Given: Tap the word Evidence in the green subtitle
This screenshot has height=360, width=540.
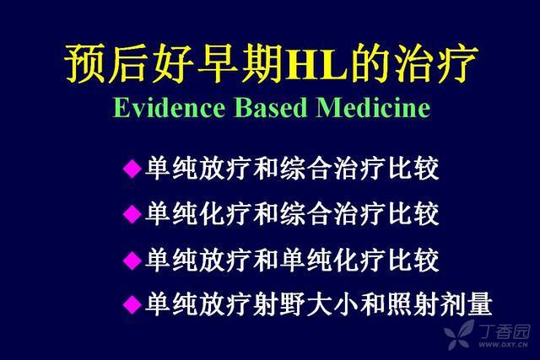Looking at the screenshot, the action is click(169, 108).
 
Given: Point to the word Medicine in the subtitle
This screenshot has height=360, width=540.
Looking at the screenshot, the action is click(373, 108).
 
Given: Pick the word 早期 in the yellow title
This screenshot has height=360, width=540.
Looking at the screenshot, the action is click(242, 64).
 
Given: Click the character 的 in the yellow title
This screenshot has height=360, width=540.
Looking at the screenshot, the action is click(371, 64).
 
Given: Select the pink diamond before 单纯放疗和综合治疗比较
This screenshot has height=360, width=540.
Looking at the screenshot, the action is click(132, 169).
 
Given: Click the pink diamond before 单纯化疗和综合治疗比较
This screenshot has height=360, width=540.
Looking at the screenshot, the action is click(132, 214).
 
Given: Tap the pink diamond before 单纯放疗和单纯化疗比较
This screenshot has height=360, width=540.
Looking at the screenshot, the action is click(132, 260).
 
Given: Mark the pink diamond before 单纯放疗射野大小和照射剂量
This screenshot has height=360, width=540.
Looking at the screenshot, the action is click(132, 304).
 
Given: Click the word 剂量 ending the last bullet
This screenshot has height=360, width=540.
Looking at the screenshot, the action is click(466, 304).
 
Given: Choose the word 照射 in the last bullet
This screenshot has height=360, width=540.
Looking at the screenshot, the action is click(413, 304).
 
